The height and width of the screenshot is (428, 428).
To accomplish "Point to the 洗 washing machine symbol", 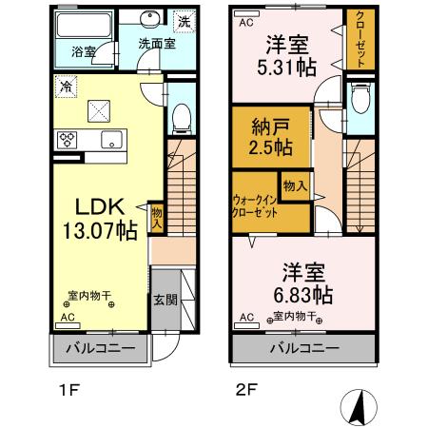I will pos(185,19).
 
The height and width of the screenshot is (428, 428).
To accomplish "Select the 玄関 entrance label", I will pos(165,300).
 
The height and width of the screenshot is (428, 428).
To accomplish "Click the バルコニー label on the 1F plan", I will pos(99,349).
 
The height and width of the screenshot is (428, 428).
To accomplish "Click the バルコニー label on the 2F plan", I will pos(302,349).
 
